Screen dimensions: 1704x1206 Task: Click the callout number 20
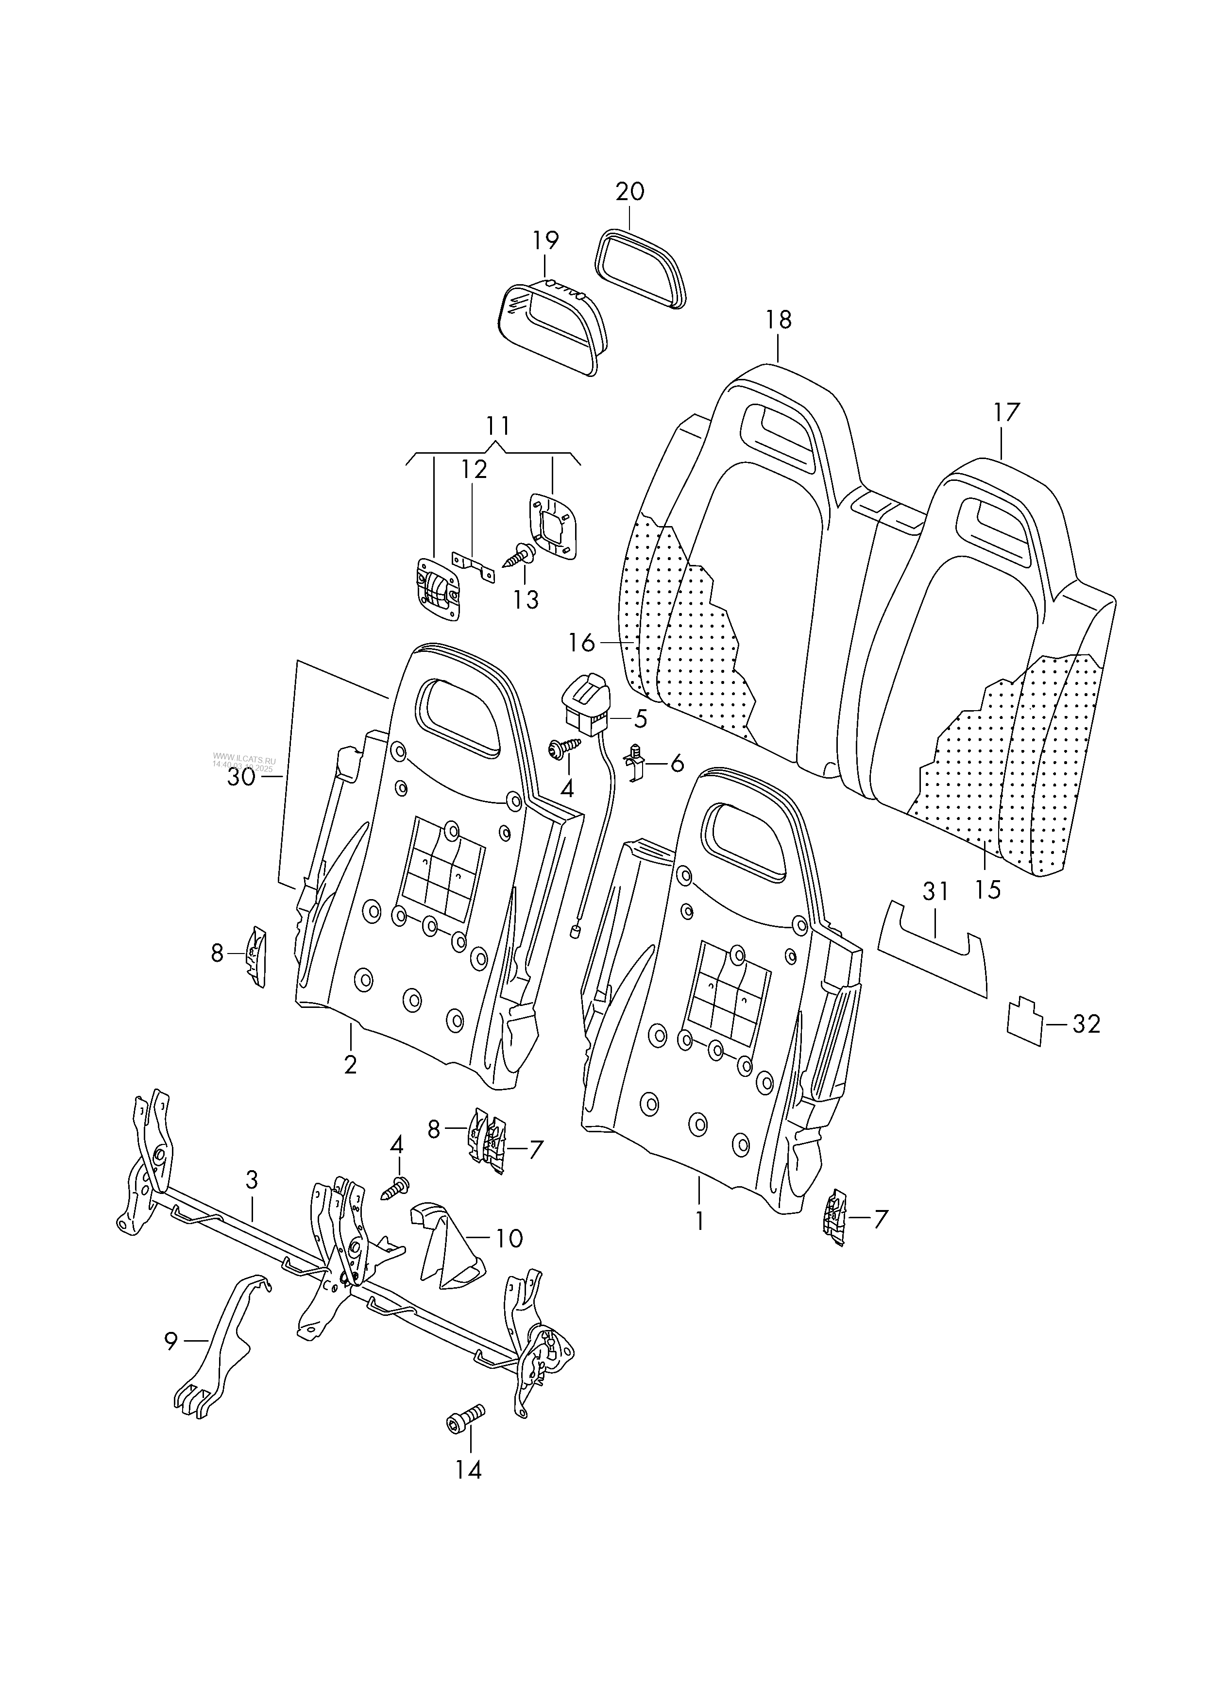(x=630, y=191)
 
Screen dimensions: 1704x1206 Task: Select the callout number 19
(x=545, y=240)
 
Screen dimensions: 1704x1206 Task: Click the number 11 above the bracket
(x=498, y=426)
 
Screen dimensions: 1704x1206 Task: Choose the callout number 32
(x=1086, y=1024)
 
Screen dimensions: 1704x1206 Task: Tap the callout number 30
(x=241, y=777)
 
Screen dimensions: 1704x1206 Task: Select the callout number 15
(x=988, y=889)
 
